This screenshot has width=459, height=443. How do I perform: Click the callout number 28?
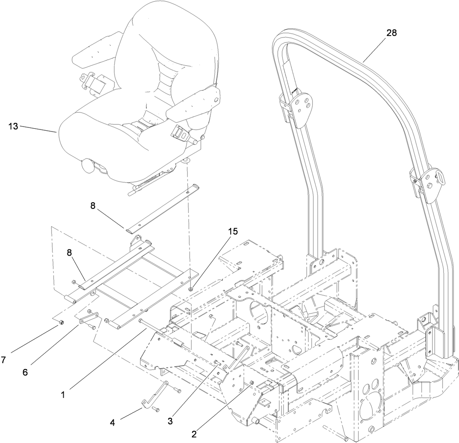pyautogui.click(x=391, y=34)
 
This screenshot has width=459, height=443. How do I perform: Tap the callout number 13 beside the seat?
pyautogui.click(x=13, y=127)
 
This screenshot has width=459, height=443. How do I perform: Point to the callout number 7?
pyautogui.click(x=4, y=360)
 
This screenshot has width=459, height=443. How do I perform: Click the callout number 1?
pyautogui.click(x=62, y=395)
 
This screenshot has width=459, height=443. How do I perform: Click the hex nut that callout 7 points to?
pyautogui.click(x=61, y=322)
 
